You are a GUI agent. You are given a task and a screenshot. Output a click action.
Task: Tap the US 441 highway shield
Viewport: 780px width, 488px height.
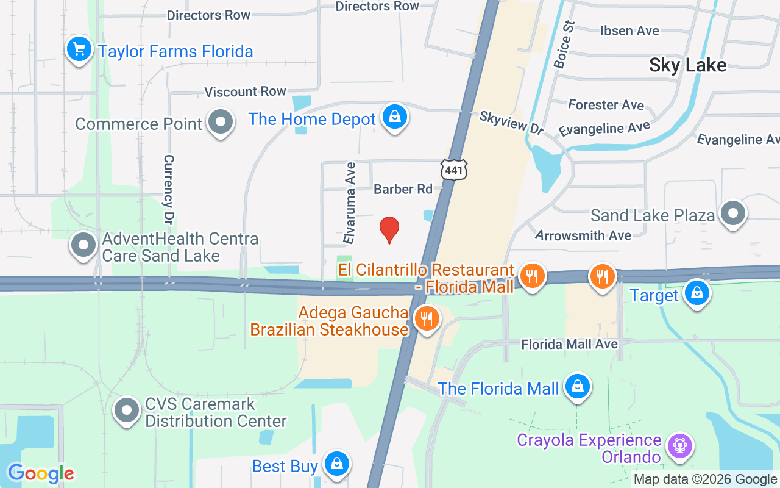[x=454, y=170]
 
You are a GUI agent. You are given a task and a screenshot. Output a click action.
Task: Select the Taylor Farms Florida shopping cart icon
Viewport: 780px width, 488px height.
[x=79, y=49]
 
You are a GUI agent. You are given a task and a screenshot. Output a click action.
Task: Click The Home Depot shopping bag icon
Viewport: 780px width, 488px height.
[x=394, y=117]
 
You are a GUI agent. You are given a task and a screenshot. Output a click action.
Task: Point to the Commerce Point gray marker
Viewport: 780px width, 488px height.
[x=220, y=123]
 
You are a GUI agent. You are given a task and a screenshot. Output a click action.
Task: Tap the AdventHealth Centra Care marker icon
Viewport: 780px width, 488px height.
[x=83, y=245]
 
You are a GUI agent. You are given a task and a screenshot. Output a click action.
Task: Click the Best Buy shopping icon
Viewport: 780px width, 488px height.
[x=336, y=464]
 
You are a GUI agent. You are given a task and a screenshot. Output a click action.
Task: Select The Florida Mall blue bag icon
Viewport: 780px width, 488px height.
[x=577, y=386]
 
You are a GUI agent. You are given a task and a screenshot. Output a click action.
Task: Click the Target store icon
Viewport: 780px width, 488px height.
[x=697, y=293]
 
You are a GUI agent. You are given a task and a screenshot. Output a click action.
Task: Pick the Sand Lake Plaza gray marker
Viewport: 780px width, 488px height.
[x=732, y=213]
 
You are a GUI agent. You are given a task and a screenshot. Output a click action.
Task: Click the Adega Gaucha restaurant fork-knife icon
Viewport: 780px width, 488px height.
[x=427, y=318]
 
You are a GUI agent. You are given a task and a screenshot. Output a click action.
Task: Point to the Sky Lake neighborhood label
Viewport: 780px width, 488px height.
[x=687, y=65]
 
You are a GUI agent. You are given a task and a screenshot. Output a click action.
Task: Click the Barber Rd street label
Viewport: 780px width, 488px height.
[x=403, y=189]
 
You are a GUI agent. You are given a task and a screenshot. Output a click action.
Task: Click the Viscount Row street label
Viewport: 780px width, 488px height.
[x=245, y=91]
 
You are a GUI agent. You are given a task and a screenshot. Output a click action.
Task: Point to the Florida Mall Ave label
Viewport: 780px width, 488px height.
[x=569, y=345]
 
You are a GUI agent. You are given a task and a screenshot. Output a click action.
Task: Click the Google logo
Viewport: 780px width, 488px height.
[x=40, y=473]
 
